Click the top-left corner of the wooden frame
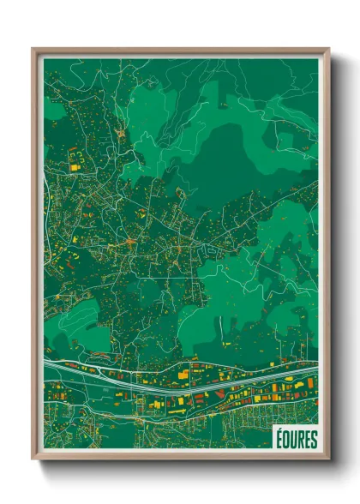(33, 50)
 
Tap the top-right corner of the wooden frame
(327, 50)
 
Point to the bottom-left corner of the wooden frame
(33, 460)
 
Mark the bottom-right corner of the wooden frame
(327, 460)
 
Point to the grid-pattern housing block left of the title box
(249, 420)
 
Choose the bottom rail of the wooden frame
(180, 459)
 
